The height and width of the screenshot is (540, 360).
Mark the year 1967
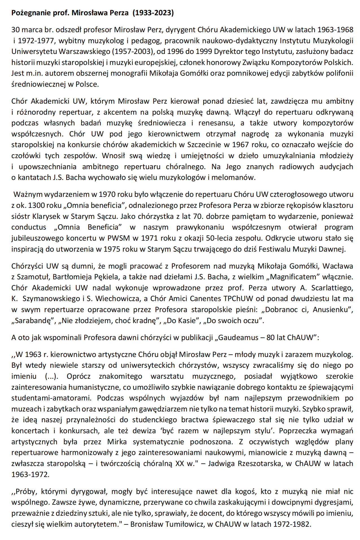click(x=240, y=145)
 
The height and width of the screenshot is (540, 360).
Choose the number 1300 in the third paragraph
click(x=37, y=205)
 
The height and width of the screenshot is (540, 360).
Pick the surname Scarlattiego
click(x=332, y=288)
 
